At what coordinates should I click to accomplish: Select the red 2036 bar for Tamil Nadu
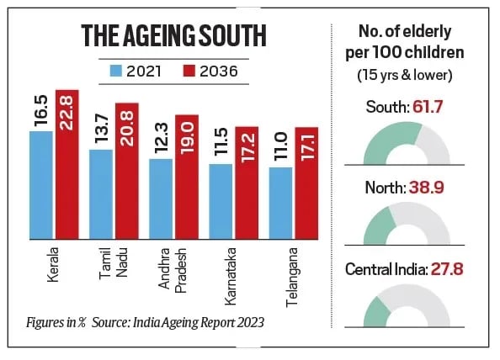click(x=127, y=172)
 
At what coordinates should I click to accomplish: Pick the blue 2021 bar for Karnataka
click(x=221, y=200)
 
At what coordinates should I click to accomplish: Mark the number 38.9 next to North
click(x=434, y=188)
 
